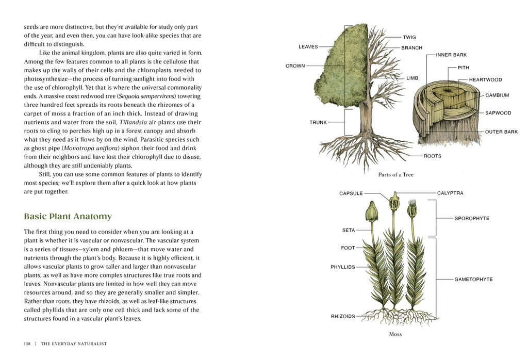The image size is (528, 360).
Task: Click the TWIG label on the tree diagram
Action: (409, 37)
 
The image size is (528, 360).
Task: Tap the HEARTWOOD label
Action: (485, 80)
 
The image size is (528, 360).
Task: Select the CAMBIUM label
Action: (497, 95)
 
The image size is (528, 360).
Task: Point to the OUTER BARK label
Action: (501, 132)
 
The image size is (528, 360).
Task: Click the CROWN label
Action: (295, 66)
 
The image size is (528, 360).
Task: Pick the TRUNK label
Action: (318, 122)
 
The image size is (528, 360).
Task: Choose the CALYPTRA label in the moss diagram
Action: (450, 193)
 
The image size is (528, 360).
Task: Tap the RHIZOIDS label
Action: (343, 316)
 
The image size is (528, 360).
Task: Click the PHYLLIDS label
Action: (343, 267)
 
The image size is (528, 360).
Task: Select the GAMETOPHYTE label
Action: (473, 280)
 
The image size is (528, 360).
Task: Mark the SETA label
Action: (349, 231)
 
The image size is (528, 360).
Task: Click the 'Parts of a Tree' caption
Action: (395, 175)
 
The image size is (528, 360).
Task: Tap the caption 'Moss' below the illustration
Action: (395, 334)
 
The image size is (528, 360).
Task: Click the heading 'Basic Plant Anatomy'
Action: (68, 216)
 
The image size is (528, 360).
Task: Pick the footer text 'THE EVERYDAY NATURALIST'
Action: (74, 343)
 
